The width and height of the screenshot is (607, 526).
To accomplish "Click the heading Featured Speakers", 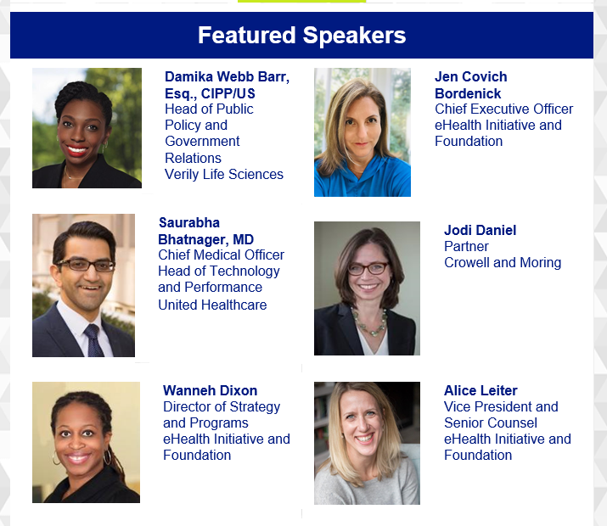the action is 301,35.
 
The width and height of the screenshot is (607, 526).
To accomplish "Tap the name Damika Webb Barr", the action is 226,76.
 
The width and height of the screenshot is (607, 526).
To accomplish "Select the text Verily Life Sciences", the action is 224,174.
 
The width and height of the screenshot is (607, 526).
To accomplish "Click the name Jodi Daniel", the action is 480,230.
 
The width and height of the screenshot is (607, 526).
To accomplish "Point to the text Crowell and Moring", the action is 503,263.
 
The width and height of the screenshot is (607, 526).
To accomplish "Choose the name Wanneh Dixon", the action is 211,390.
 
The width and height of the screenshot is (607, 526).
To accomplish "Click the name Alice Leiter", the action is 481,390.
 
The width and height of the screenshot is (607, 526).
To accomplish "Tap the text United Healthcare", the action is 212,305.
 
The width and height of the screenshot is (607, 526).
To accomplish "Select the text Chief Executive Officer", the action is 503,109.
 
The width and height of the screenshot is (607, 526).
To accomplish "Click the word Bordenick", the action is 468,93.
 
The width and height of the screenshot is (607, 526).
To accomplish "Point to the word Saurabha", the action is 189,223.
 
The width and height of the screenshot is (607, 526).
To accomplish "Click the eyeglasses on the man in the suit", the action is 86,266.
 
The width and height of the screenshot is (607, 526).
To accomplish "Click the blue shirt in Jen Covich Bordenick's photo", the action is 362,177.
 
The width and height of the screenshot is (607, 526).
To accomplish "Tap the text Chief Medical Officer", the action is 221,255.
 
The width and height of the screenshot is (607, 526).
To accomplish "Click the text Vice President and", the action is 501,407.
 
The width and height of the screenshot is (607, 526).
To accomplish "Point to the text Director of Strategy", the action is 222,407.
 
